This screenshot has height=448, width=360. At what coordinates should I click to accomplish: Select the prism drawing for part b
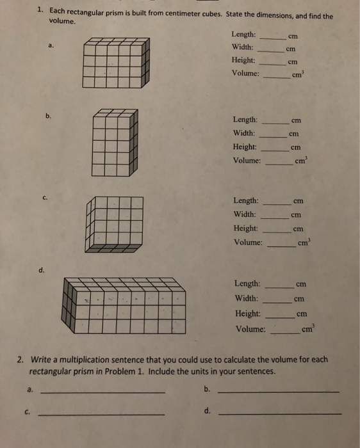click(x=115, y=142)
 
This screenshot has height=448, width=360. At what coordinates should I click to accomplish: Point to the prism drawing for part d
click(x=125, y=305)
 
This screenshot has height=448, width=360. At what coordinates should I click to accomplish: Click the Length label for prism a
click(x=243, y=34)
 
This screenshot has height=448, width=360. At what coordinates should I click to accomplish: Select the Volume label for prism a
click(x=245, y=73)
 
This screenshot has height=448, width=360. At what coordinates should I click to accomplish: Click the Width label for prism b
click(x=245, y=133)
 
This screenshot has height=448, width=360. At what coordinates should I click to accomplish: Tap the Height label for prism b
click(x=246, y=147)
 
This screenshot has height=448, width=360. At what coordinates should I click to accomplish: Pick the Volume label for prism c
click(x=248, y=243)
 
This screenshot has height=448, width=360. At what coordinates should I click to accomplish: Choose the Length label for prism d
click(x=247, y=283)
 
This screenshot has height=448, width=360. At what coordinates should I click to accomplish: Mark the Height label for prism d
click(x=247, y=314)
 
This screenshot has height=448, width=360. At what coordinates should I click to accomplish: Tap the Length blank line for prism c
click(x=278, y=204)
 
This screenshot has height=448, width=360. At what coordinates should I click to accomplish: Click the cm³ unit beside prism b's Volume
click(x=300, y=160)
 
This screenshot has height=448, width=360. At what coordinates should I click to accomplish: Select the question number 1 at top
click(x=40, y=10)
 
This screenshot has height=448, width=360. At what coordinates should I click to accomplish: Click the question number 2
click(x=21, y=360)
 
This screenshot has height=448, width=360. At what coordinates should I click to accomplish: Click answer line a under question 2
click(x=102, y=391)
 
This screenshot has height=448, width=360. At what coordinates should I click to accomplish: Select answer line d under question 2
click(x=279, y=413)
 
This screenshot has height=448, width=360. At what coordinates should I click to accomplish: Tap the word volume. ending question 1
click(x=63, y=20)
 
